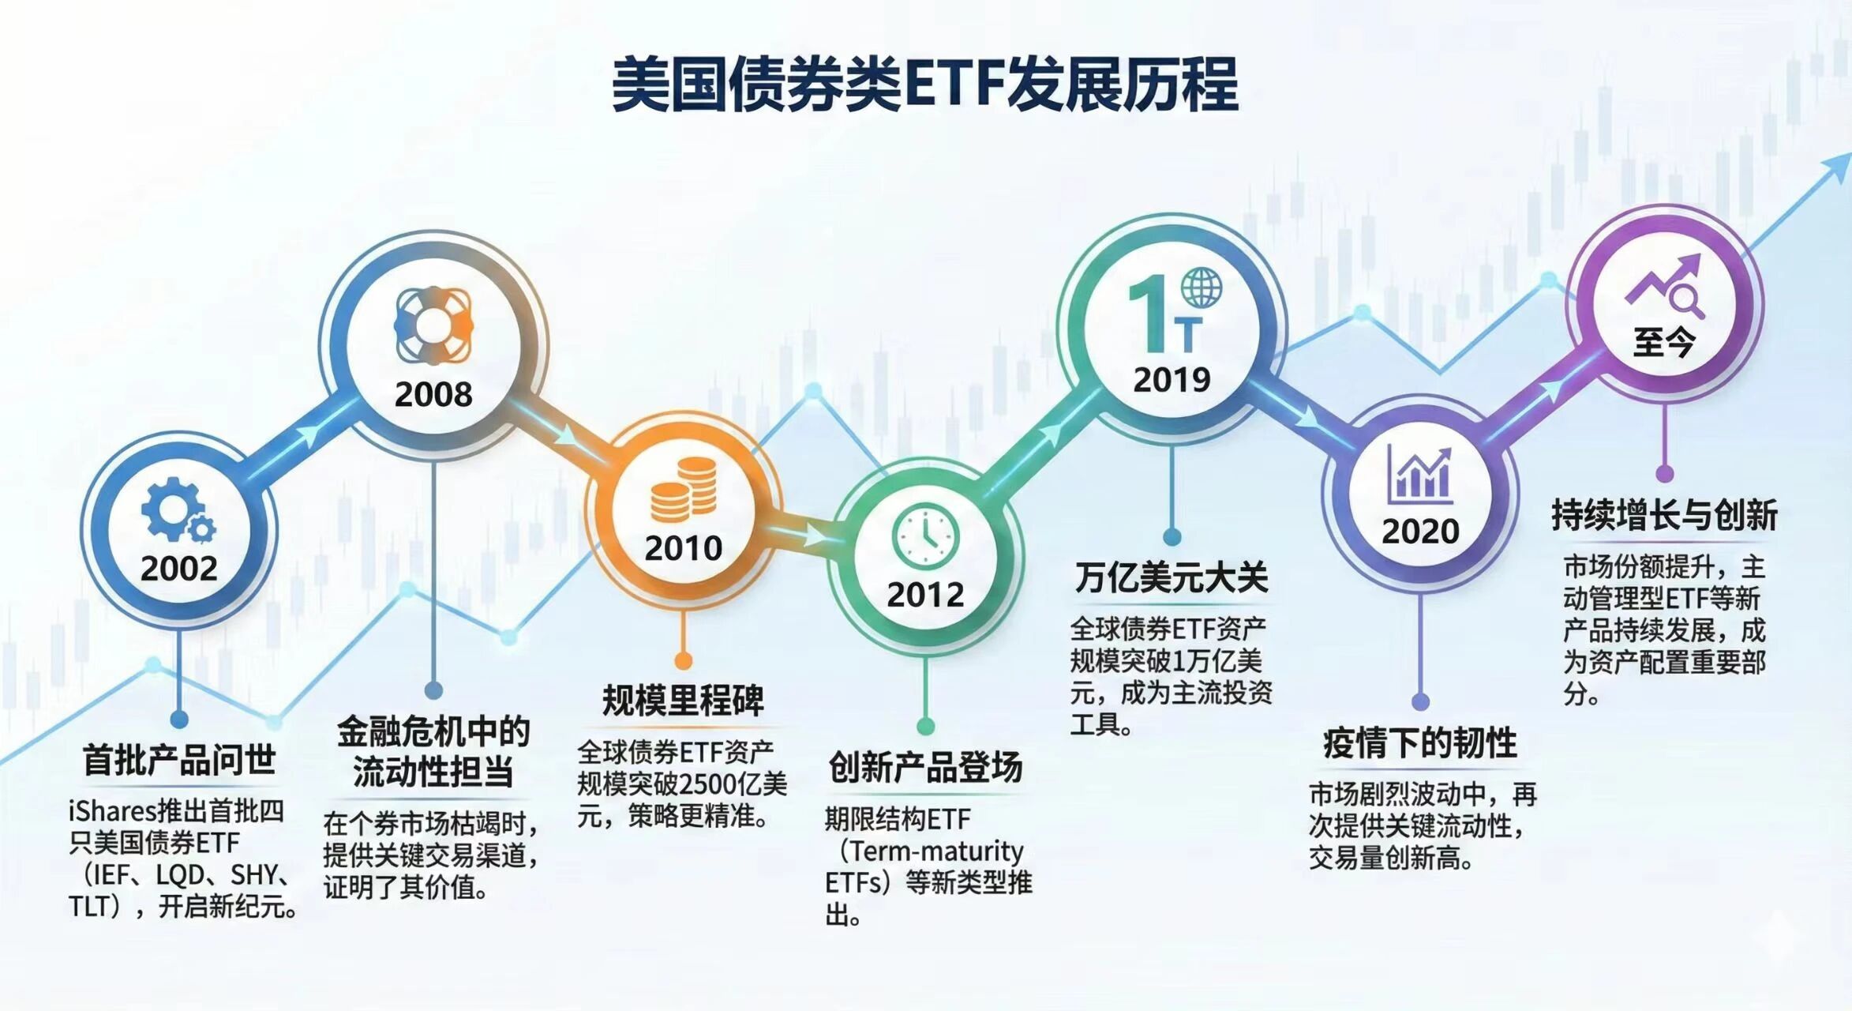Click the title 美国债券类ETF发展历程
tap(924, 84)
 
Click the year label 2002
tap(179, 569)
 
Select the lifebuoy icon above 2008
tap(433, 325)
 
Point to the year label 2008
tap(433, 394)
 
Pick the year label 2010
tap(684, 548)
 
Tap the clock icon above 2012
tap(926, 536)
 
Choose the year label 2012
tap(926, 595)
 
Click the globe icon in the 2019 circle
tap(1202, 288)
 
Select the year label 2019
tap(1172, 380)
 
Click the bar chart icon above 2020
tap(1420, 475)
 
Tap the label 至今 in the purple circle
tap(1664, 343)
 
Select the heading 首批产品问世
tap(179, 760)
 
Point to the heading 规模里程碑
tap(684, 700)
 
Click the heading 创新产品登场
tap(926, 767)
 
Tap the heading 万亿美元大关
tap(1172, 577)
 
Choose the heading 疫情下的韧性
tap(1420, 743)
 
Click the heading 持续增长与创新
tap(1664, 515)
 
